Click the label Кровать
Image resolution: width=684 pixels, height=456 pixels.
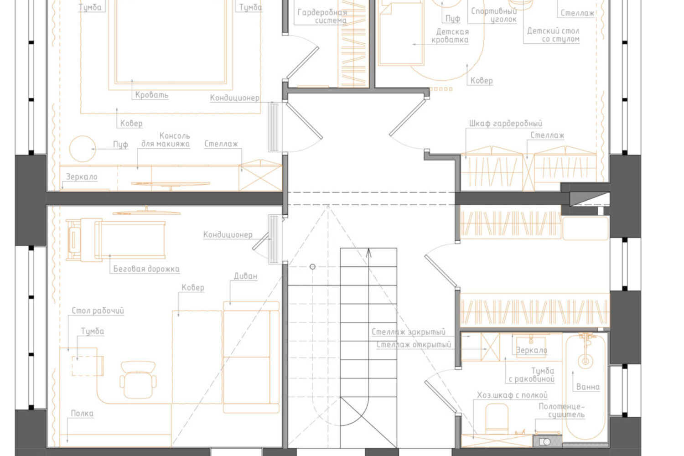[x=152, y=95]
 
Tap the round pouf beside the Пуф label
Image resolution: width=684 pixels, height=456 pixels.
[x=83, y=149]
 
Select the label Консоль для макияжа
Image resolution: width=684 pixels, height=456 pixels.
[x=166, y=140]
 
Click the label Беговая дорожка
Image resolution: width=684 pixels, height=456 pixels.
[x=146, y=269]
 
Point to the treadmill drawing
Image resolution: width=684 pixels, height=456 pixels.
[x=115, y=240]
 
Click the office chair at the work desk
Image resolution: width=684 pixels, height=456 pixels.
[x=138, y=380]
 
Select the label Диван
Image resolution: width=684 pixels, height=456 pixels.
[x=245, y=276]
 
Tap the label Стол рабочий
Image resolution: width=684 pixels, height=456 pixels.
[x=98, y=311]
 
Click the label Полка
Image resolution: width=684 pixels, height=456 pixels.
[x=82, y=413]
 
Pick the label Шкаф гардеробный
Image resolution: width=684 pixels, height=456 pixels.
[x=506, y=124]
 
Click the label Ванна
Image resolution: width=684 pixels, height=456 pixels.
[x=588, y=387]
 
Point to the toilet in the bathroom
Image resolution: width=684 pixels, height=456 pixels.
[x=497, y=419]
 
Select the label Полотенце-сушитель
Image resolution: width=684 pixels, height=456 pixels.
[x=561, y=410]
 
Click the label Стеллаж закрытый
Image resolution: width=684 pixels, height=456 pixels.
[x=409, y=332]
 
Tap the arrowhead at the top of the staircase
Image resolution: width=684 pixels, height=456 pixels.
[x=369, y=252]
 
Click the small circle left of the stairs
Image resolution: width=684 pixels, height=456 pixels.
[x=312, y=267]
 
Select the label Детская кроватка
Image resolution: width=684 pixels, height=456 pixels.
[x=450, y=36]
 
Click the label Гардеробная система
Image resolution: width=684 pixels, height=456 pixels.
[x=322, y=16]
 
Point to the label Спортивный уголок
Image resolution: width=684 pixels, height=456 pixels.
[x=494, y=15]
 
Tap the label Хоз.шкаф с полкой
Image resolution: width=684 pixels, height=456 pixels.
[x=513, y=395]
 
